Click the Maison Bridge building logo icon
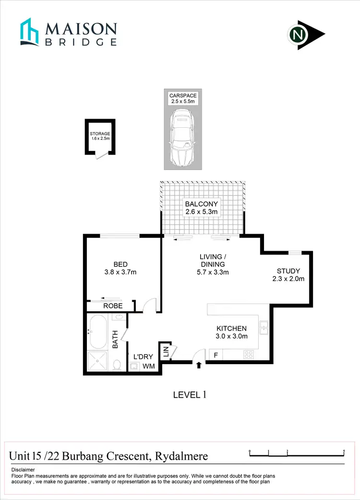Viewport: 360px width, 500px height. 29,32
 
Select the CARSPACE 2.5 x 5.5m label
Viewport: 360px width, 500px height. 183,98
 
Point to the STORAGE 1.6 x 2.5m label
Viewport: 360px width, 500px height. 100,136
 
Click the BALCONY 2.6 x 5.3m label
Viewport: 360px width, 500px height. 202,207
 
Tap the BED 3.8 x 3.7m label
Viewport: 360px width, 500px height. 120,268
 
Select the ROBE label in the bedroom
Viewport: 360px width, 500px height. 113,306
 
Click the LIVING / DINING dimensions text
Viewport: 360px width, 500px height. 213,272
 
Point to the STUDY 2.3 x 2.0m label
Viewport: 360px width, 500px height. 288,274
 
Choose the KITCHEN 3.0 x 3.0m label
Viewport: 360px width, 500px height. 231,332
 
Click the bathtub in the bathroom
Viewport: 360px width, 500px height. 99,332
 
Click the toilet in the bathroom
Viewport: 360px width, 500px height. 117,366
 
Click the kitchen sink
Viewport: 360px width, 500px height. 264,328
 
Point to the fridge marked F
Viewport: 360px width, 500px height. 216,355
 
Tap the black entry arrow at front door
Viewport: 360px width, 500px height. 199,366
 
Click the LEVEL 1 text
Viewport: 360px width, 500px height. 190,395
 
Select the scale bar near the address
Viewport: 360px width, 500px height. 297,453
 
